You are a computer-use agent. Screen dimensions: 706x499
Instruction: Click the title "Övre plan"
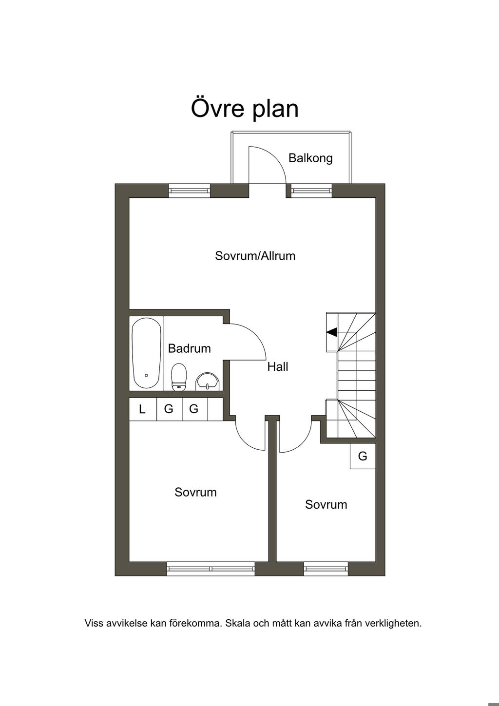(x=245, y=108)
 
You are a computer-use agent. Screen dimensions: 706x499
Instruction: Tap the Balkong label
(x=310, y=158)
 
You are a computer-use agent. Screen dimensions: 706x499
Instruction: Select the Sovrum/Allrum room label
(x=255, y=256)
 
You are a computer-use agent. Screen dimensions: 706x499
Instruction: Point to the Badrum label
(x=189, y=348)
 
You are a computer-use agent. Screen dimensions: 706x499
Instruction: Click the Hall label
(x=278, y=367)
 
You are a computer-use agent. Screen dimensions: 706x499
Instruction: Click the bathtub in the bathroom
(x=147, y=353)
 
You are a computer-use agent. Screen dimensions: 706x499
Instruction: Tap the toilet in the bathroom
(x=179, y=377)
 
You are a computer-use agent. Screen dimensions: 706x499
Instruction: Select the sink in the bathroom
(x=208, y=381)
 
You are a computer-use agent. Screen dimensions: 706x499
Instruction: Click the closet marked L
(x=142, y=409)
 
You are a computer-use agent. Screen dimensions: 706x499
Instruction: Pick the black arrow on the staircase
(x=332, y=332)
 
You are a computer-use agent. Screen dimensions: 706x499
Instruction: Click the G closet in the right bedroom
(x=363, y=456)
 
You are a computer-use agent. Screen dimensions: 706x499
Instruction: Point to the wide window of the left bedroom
(x=211, y=568)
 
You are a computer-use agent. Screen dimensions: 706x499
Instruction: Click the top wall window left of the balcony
(x=189, y=190)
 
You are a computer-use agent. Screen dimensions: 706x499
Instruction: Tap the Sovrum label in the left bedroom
(x=195, y=492)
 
